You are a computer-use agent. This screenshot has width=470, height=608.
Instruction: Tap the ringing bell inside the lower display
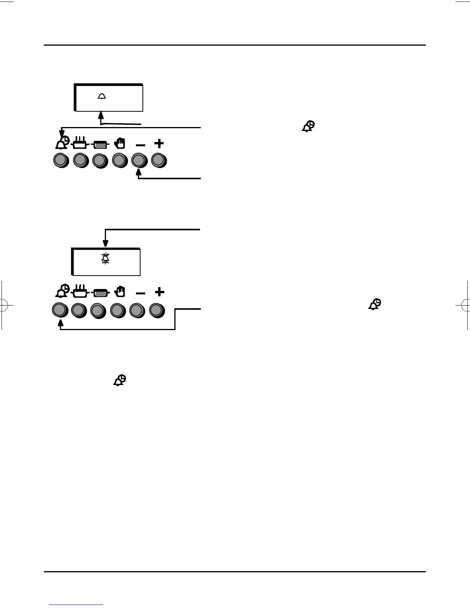click(x=105, y=258)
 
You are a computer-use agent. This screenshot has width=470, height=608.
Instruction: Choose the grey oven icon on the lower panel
click(x=101, y=294)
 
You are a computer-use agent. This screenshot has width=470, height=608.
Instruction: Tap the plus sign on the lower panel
click(x=159, y=292)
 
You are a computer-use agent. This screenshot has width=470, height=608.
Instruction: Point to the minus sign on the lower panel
click(x=141, y=294)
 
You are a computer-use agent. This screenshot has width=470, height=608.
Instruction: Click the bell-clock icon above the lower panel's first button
click(x=62, y=292)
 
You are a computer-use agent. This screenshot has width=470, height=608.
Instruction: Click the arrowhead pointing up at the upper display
click(x=101, y=114)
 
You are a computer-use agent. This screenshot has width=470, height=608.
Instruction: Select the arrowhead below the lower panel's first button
click(x=60, y=323)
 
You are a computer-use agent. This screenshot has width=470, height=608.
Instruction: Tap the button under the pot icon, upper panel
click(x=80, y=160)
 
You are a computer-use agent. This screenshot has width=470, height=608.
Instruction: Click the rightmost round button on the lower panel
click(x=157, y=310)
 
